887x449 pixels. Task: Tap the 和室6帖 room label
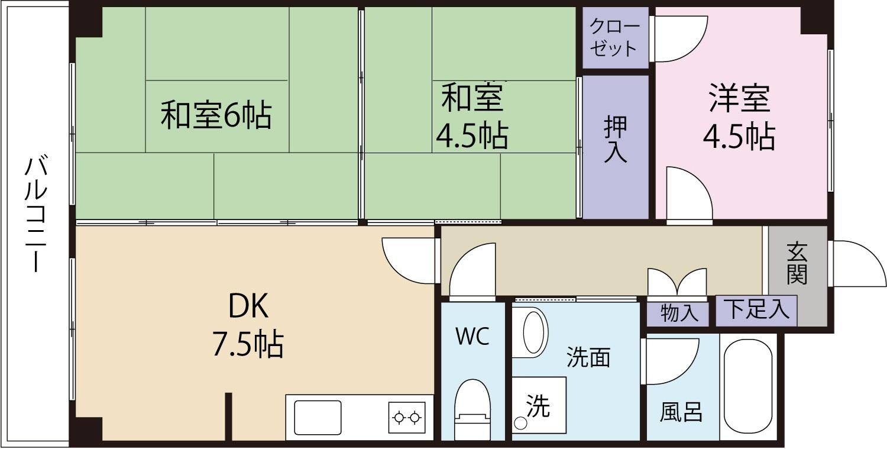[216, 115]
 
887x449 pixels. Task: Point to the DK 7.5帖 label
[248, 325]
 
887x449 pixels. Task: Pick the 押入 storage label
[615, 140]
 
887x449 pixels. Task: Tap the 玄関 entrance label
[797, 263]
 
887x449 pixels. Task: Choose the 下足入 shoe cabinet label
[757, 309]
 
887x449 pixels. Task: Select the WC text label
[472, 337]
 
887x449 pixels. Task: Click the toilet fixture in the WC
[472, 408]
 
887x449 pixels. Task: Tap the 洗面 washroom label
[588, 357]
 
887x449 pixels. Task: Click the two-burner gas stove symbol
[407, 417]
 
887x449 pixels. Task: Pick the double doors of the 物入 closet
[677, 282]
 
